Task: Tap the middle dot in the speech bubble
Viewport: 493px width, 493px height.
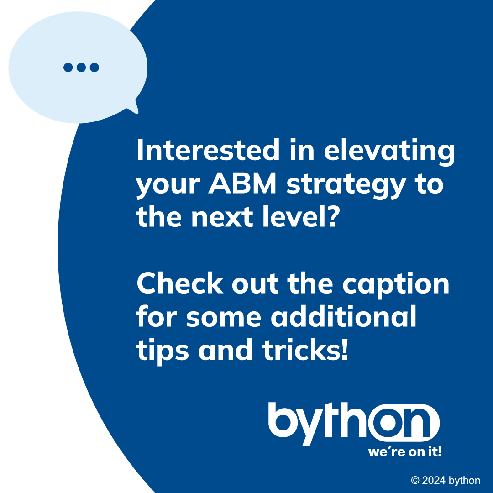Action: coord(81,68)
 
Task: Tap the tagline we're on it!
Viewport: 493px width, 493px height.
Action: coord(405,452)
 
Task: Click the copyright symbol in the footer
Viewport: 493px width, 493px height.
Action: coord(415,480)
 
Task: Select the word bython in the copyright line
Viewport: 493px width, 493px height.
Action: coord(464,481)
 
